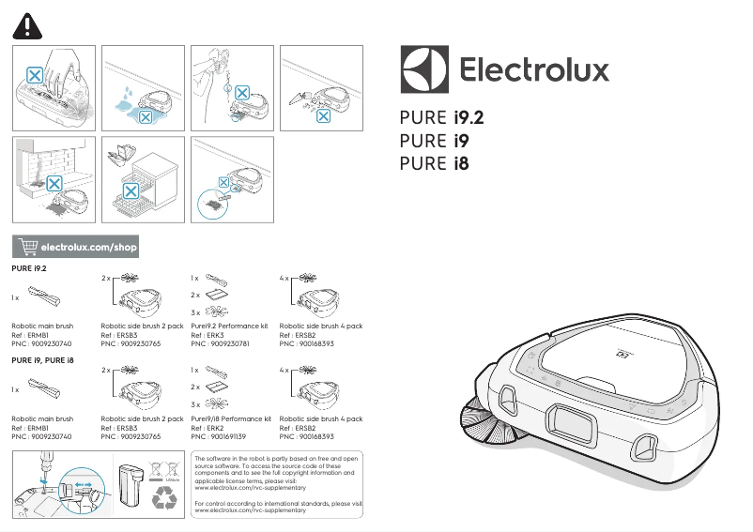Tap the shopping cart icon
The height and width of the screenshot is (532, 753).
[x=28, y=247]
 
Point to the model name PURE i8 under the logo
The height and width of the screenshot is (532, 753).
[x=434, y=163]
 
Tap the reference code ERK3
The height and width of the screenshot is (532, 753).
[x=215, y=335]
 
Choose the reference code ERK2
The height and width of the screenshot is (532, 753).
[x=215, y=428]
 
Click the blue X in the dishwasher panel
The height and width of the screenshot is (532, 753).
[x=132, y=190]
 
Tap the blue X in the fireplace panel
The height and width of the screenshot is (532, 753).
[x=54, y=182]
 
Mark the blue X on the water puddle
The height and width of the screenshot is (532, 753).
[x=144, y=114]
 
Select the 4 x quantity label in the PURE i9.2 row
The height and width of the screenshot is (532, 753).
[x=284, y=279]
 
